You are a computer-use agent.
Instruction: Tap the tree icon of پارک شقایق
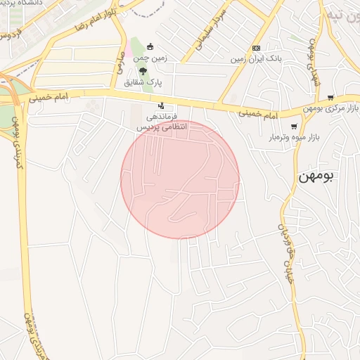point(143,71)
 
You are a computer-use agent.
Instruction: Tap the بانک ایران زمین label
point(257,60)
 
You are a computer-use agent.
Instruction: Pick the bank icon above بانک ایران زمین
point(256,48)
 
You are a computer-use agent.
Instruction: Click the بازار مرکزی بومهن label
point(315,108)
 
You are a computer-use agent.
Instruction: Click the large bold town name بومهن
point(314,175)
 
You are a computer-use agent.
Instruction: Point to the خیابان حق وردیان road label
point(285,246)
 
